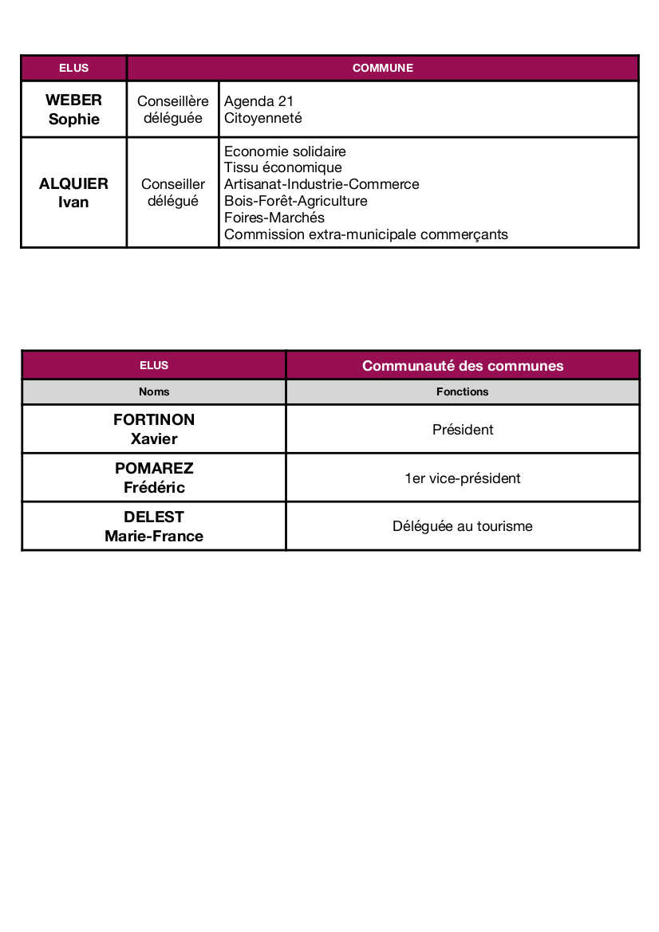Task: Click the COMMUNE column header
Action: (383, 68)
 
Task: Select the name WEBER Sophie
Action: (73, 109)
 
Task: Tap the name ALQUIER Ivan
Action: (73, 193)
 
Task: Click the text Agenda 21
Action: (258, 101)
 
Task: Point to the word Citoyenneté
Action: (263, 118)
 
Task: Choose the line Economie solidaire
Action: (285, 151)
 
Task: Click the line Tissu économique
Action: (282, 167)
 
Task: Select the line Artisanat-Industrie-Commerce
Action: (322, 184)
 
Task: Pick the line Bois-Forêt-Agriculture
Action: (295, 201)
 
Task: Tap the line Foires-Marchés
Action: (274, 218)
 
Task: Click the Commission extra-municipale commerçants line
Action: (365, 234)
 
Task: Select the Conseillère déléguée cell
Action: (173, 109)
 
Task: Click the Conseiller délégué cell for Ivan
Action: (173, 193)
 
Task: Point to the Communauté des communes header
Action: (463, 366)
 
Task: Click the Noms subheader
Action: (154, 391)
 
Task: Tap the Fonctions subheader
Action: (463, 391)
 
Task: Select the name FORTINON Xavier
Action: (154, 429)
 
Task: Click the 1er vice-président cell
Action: (463, 478)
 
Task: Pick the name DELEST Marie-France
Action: (154, 526)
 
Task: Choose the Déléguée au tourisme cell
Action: (463, 526)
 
